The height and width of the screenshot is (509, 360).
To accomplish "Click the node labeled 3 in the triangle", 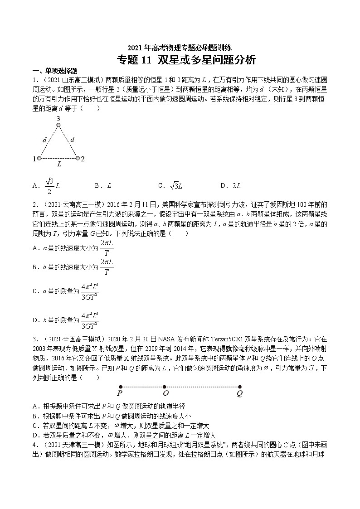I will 58,126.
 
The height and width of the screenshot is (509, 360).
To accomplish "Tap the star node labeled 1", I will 39,158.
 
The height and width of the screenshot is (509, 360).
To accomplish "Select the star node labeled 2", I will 77,158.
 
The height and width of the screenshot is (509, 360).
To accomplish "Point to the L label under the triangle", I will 59,165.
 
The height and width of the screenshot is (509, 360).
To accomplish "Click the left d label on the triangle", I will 44,141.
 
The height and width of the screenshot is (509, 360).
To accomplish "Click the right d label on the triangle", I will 73,141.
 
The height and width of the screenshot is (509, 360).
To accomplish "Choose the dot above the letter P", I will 120,387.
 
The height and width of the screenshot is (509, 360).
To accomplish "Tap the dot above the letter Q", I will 240,387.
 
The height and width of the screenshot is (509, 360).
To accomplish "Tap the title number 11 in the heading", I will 147,60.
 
